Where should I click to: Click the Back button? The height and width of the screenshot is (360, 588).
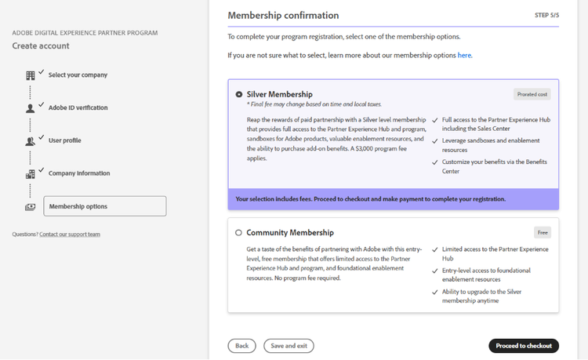[x=241, y=345]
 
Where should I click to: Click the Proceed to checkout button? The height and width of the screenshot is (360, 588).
[x=524, y=345]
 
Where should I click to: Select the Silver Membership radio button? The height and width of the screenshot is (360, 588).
[x=238, y=94]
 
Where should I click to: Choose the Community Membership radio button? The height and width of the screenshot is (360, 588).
[x=238, y=233]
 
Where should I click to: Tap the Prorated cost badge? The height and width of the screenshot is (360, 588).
[x=532, y=94]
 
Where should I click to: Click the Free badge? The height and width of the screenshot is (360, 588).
[x=543, y=232]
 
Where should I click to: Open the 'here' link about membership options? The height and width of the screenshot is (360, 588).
[x=465, y=56]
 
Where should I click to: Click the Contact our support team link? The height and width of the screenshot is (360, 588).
[x=70, y=235]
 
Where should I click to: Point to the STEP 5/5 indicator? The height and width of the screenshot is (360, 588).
[x=546, y=15]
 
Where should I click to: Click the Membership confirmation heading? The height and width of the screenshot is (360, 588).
[x=283, y=15]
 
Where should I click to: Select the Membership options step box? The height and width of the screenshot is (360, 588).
[x=104, y=206]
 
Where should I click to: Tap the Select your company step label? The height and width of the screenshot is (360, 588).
[x=78, y=75]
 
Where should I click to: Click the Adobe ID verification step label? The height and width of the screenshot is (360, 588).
[x=78, y=107]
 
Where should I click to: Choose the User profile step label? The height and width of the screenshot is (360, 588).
[x=65, y=140]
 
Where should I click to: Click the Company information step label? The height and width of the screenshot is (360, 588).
[x=79, y=173]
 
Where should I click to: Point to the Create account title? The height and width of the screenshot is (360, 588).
[x=41, y=46]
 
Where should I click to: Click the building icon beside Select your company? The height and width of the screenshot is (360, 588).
[x=31, y=75]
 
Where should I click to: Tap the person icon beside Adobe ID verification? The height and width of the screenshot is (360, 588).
[x=31, y=108]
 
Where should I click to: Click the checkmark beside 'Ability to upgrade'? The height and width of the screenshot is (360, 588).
[x=435, y=292]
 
